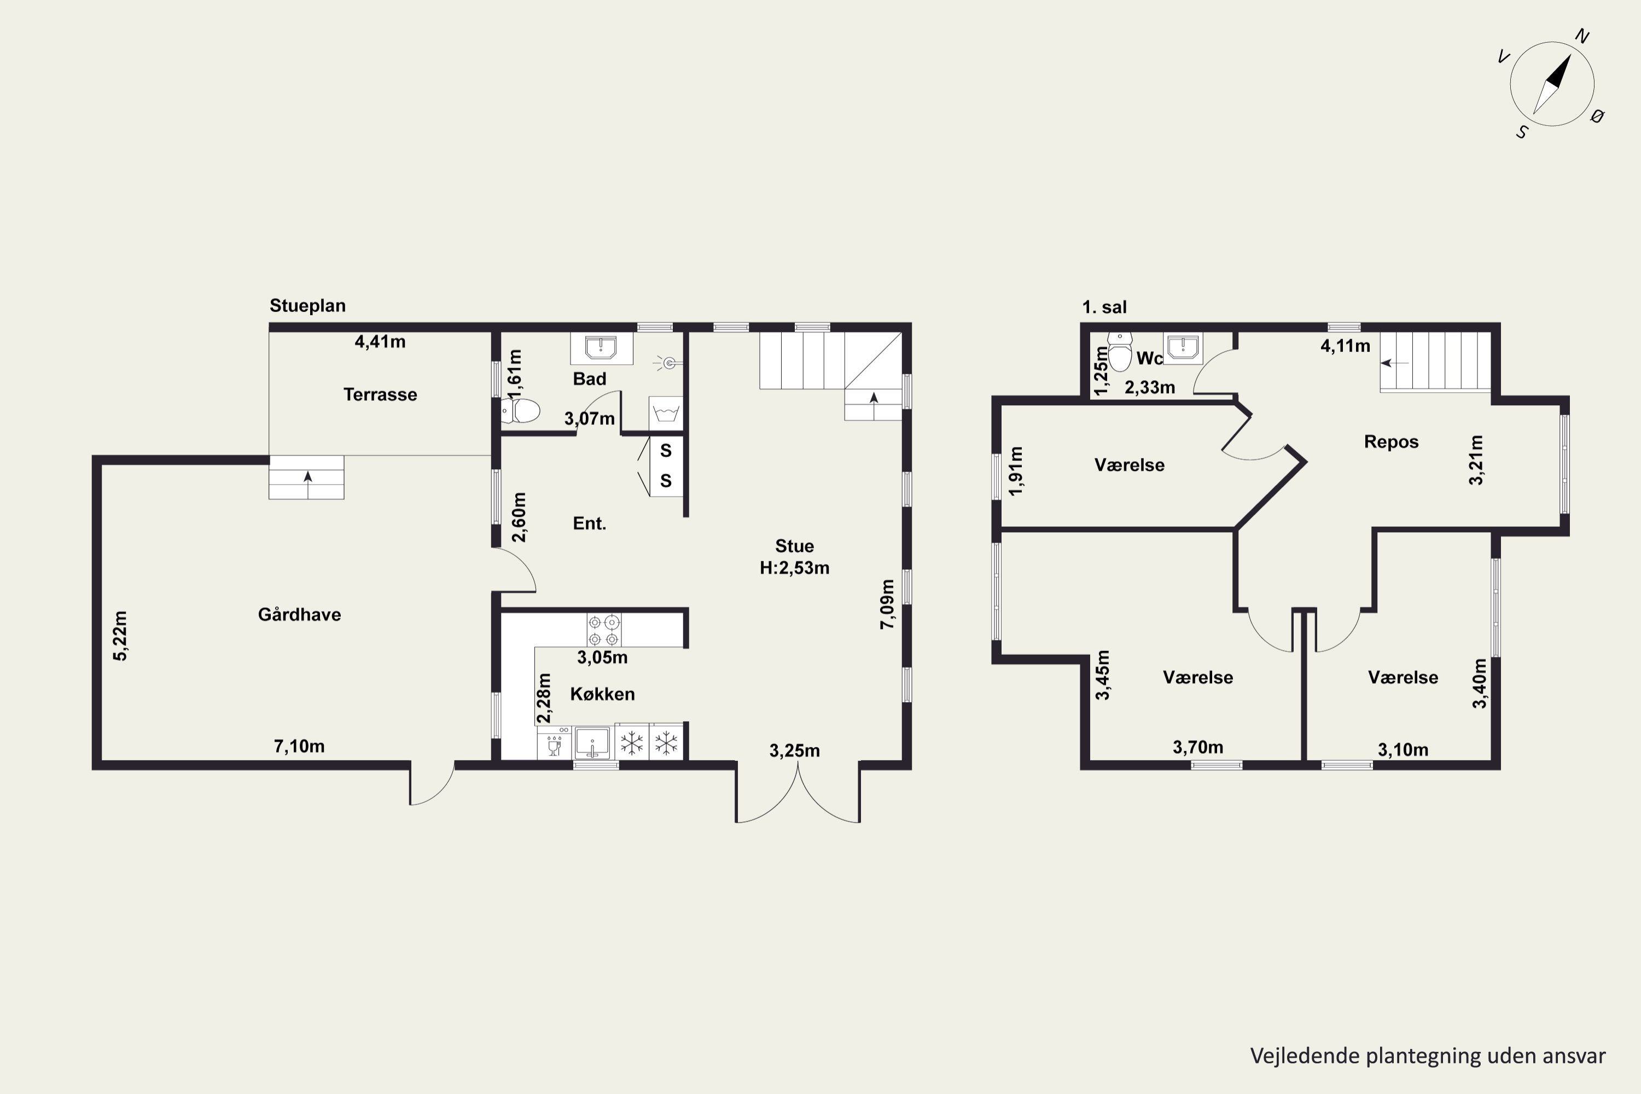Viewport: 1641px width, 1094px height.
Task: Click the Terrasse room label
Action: [380, 394]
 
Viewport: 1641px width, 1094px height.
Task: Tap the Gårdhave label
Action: [299, 615]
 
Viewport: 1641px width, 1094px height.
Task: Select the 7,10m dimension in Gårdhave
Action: [299, 747]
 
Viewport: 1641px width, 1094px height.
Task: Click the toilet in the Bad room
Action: [521, 411]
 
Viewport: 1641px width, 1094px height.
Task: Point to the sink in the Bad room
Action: [601, 347]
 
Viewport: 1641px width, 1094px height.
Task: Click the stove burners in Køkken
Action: [603, 630]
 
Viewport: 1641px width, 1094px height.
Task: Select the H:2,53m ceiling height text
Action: [795, 568]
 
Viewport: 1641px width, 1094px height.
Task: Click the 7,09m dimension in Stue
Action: [887, 604]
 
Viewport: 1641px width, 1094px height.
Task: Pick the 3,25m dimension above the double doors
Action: [795, 750]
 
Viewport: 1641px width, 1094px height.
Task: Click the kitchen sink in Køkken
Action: [592, 742]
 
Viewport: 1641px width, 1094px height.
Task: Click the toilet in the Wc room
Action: [1120, 352]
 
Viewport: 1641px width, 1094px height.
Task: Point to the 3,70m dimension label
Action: [1198, 747]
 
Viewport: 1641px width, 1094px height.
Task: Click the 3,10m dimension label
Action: [1403, 749]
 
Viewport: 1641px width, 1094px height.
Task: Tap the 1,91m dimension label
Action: [1016, 471]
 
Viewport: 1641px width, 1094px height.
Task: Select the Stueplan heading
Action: [307, 306]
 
